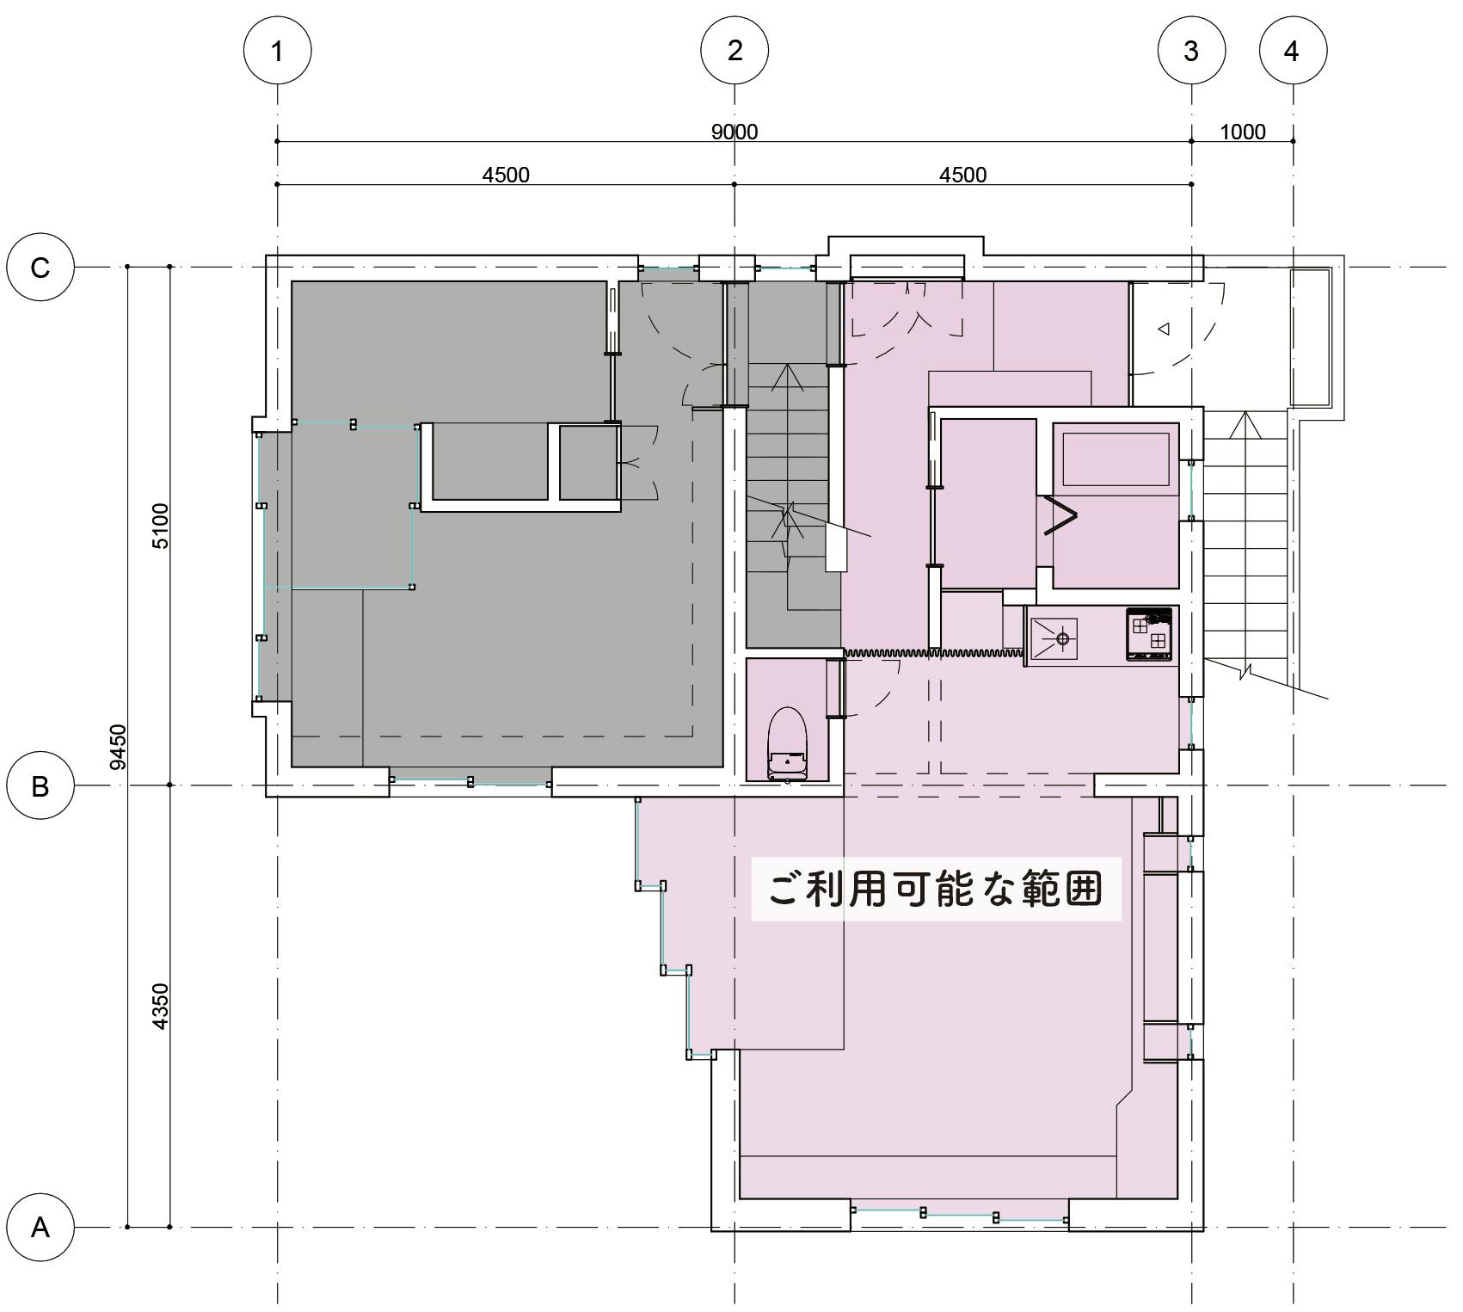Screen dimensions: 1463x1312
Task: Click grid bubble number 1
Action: click(277, 51)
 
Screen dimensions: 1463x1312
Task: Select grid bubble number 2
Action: click(734, 50)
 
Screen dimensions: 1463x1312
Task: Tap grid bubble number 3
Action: click(1190, 51)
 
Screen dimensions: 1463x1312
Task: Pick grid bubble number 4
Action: click(1292, 51)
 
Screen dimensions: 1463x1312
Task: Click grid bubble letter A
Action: click(40, 1227)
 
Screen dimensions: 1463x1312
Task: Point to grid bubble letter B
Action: click(40, 785)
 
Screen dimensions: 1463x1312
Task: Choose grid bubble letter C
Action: click(40, 268)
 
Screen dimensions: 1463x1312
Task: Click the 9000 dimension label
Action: click(735, 132)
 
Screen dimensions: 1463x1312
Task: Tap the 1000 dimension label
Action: click(1242, 132)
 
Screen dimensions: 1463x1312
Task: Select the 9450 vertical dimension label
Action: click(119, 747)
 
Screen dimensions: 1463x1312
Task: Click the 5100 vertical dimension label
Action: click(161, 526)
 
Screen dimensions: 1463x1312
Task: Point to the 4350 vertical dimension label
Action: click(161, 1006)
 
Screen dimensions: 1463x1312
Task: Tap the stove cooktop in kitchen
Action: click(1149, 635)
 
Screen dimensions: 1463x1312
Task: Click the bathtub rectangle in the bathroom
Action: click(1116, 459)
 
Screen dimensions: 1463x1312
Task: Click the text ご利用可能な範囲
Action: click(936, 889)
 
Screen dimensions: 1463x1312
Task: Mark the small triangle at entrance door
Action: click(1164, 329)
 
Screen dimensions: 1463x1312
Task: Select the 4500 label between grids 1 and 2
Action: click(506, 175)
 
